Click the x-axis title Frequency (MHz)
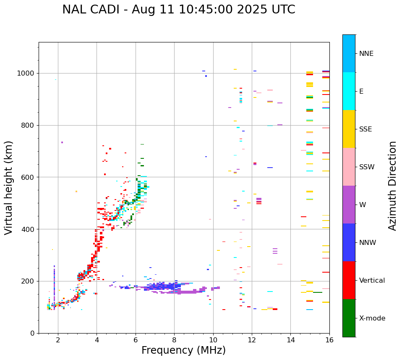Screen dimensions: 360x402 [183, 350]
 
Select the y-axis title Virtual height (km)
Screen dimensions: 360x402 [9, 188]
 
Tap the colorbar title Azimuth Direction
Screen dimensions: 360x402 [392, 186]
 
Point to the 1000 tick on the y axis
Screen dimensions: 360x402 [29, 73]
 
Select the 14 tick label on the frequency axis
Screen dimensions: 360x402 [290, 340]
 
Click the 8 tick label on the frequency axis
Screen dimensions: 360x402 [174, 340]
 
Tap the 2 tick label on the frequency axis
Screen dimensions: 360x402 [58, 340]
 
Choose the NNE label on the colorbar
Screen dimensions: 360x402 [366, 54]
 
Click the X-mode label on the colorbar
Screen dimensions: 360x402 [372, 318]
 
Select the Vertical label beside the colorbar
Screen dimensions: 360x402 [372, 281]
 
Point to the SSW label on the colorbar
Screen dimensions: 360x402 [367, 167]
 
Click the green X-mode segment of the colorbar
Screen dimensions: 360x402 [349, 318]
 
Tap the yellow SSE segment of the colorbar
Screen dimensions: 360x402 [349, 129]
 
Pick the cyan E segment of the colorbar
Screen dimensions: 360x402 [349, 91]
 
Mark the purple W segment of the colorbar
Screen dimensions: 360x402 [349, 205]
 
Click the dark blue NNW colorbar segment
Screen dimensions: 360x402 [349, 242]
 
